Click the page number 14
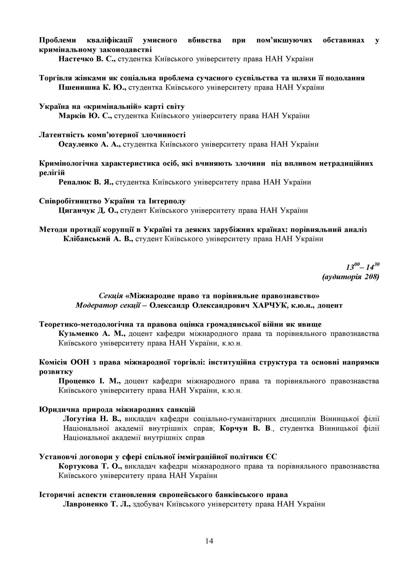(x=209, y=541)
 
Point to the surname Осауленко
(x=78, y=144)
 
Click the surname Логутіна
(x=80, y=419)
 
